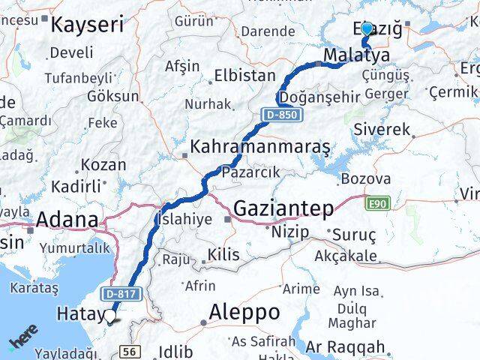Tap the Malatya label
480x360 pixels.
point(356,55)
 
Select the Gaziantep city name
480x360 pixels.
point(284,208)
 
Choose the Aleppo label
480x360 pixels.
point(244,311)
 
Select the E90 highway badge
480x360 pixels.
point(377,202)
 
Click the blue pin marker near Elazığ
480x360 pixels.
point(366,29)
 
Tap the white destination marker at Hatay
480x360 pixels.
point(110,316)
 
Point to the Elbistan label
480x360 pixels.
point(244,76)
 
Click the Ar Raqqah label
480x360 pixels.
point(345,347)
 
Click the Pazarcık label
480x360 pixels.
point(250,172)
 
